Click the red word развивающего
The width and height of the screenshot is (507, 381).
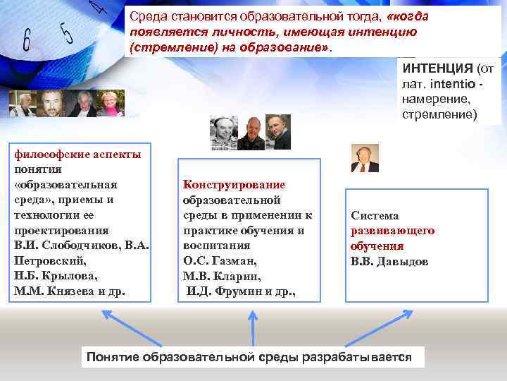(x=392, y=231)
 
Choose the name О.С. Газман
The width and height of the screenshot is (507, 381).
(x=215, y=260)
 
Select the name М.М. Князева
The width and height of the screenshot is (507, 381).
(x=55, y=291)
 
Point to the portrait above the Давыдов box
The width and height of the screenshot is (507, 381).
(x=365, y=159)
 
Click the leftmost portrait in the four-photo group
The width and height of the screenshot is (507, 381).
(x=22, y=104)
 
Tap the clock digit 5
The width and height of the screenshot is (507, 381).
(x=67, y=32)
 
